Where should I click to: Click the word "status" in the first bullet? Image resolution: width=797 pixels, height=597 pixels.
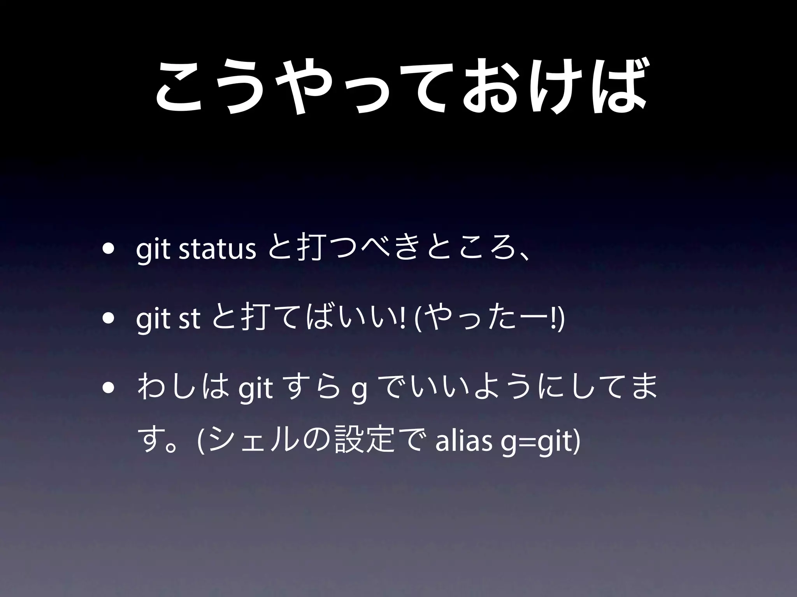[217, 251]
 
